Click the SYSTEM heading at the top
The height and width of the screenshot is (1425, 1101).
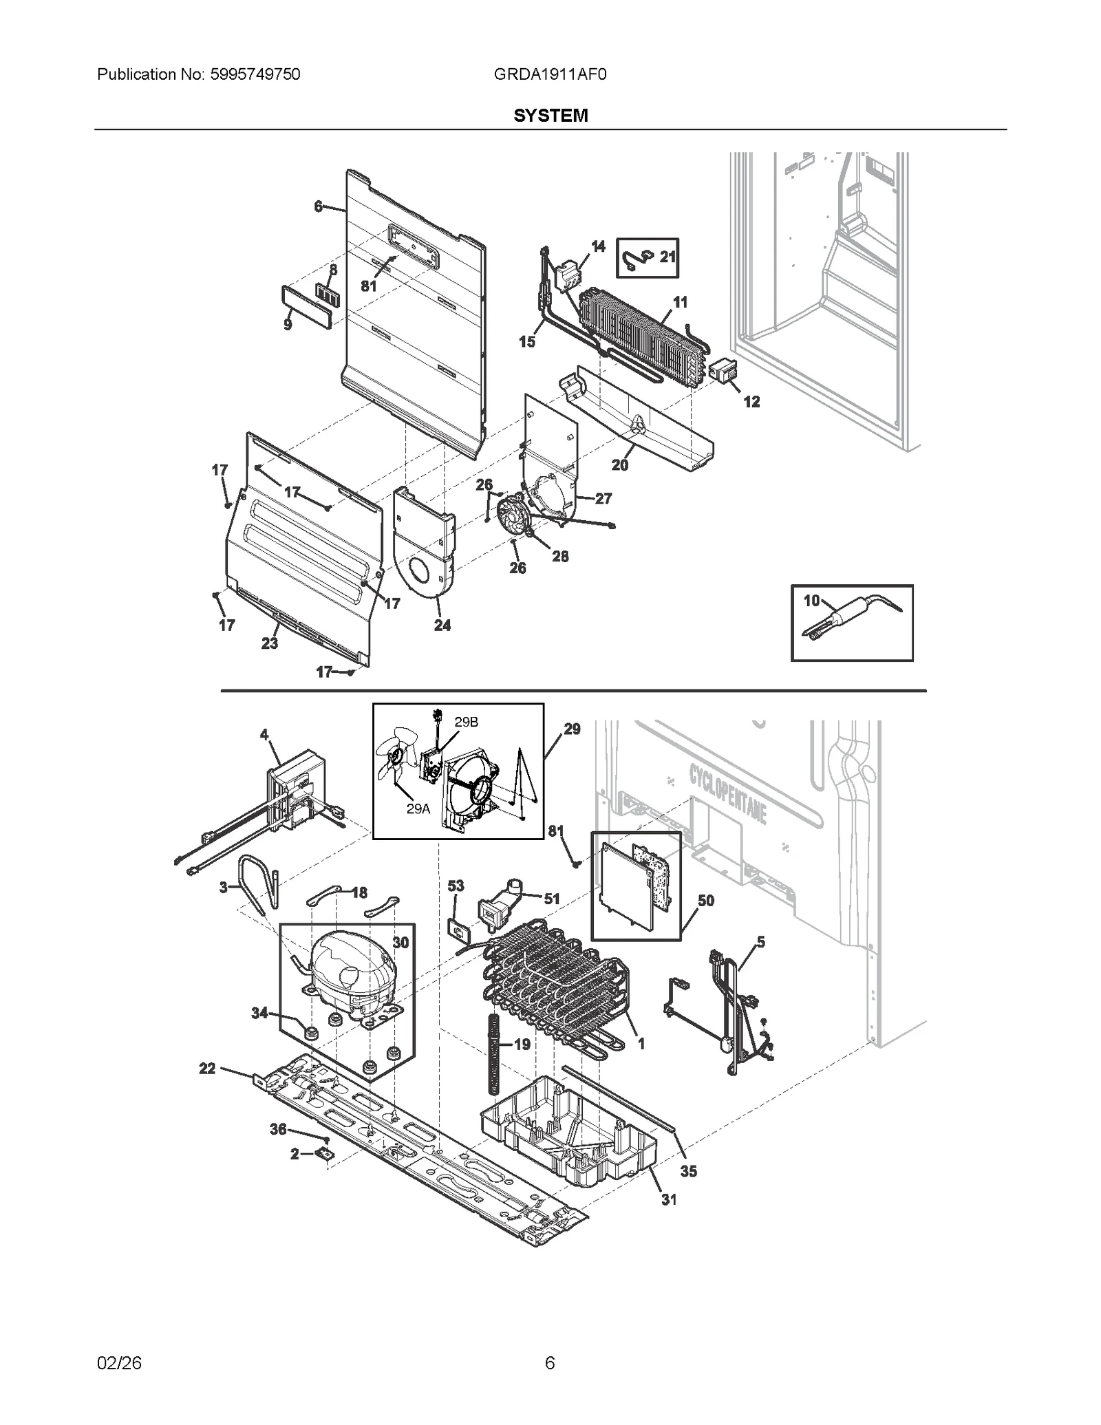click(x=550, y=115)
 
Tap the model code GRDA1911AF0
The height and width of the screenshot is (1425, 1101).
click(x=550, y=74)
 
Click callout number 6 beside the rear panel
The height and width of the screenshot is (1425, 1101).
click(x=318, y=206)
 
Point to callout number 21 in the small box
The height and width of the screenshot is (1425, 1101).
click(x=667, y=257)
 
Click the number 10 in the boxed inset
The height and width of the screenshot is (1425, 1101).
click(x=812, y=601)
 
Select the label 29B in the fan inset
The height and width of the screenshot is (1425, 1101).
click(x=466, y=722)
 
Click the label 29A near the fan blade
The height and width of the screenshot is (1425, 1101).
click(x=418, y=809)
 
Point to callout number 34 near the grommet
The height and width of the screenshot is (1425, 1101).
click(x=259, y=1013)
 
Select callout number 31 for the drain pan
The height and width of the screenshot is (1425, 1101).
click(x=669, y=1199)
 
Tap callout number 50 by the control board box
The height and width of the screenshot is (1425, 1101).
click(x=705, y=901)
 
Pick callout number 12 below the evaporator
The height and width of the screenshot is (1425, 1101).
click(x=751, y=402)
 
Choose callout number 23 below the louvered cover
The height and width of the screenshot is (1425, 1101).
click(x=270, y=643)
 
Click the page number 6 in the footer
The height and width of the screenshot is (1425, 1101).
click(x=550, y=1363)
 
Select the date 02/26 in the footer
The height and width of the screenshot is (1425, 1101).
click(x=119, y=1363)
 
